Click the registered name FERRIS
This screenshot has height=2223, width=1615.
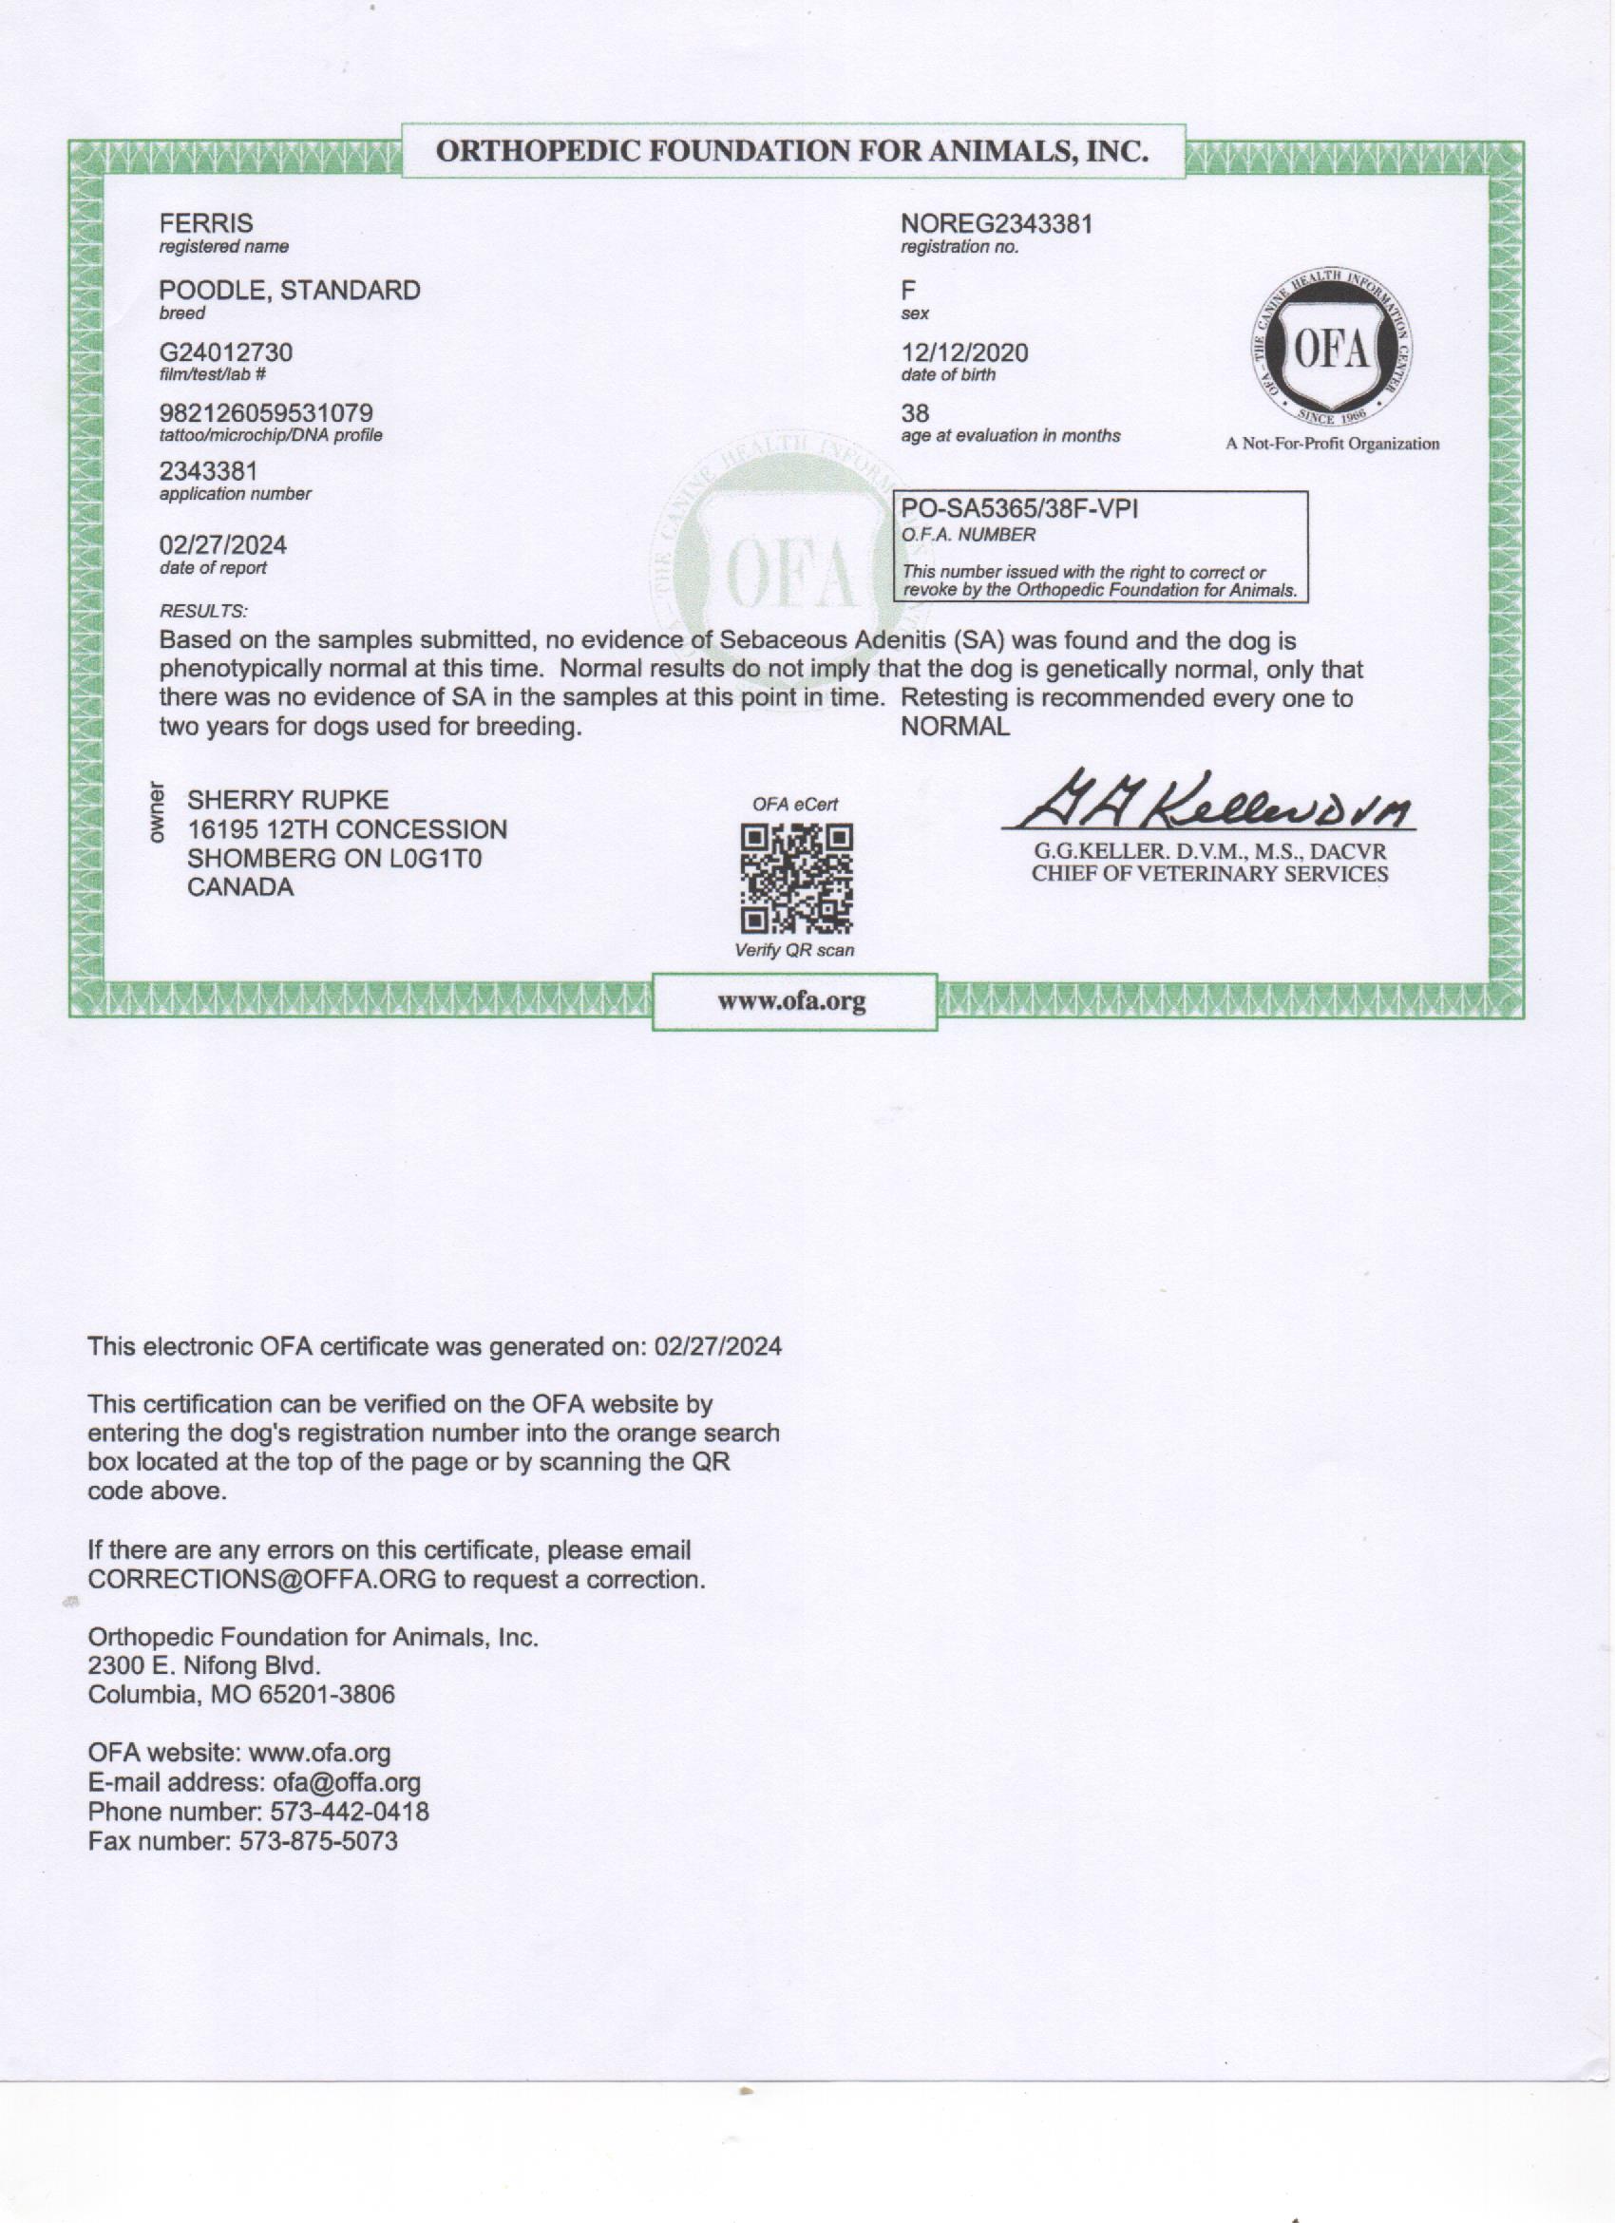coord(206,223)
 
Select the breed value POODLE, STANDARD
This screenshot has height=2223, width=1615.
coord(289,290)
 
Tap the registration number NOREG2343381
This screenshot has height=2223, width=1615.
coord(996,223)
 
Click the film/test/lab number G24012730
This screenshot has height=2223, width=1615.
coord(225,351)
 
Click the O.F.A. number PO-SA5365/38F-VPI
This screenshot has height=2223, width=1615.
coord(1019,510)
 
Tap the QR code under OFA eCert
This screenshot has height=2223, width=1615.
coord(796,878)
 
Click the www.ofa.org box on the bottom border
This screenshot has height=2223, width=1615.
coord(794,1001)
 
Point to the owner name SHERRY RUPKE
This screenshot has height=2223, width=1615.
coord(287,800)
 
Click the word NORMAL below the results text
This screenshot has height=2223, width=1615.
coord(955,728)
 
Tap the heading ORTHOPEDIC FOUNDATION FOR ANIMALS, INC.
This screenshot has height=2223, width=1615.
coord(791,151)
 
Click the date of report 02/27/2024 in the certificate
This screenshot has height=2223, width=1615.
coord(222,545)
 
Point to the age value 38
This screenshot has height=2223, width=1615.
coord(914,412)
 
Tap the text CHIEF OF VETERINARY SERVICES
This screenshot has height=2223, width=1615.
coord(1209,874)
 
